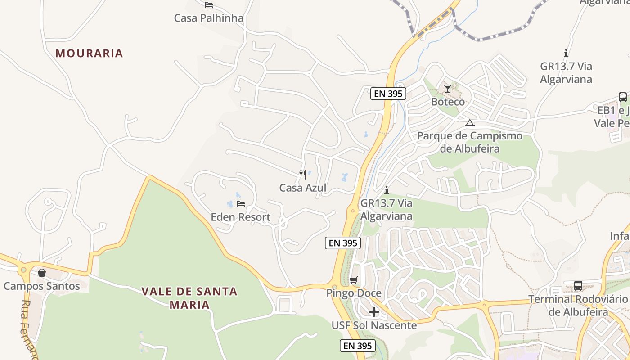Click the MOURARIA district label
tap(89, 53)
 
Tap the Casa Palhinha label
tap(208, 18)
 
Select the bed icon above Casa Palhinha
tap(208, 5)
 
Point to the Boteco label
tap(448, 102)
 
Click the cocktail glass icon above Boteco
tap(447, 88)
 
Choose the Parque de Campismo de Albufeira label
tap(470, 142)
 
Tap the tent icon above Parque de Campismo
tap(470, 123)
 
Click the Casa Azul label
tap(303, 188)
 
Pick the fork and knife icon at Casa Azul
tap(303, 174)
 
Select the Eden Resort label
tap(241, 217)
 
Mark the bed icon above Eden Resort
tap(241, 204)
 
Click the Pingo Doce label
tap(354, 293)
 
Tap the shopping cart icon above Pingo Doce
tap(354, 280)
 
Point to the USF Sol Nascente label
tap(374, 325)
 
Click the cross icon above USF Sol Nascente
tap(374, 312)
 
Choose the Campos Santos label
tap(42, 286)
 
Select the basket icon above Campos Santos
tap(42, 273)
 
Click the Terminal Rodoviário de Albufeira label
tap(578, 306)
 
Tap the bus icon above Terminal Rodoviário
tap(578, 286)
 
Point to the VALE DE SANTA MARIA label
tap(189, 298)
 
